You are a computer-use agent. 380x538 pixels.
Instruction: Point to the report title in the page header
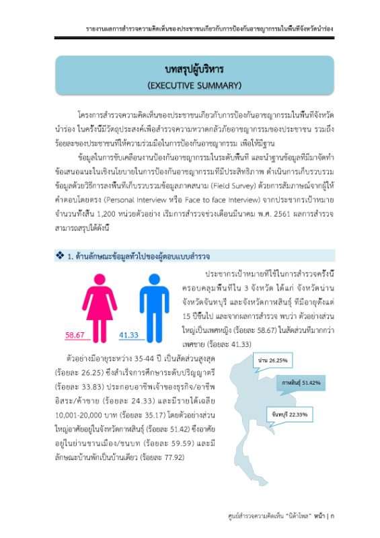pos(210,30)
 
